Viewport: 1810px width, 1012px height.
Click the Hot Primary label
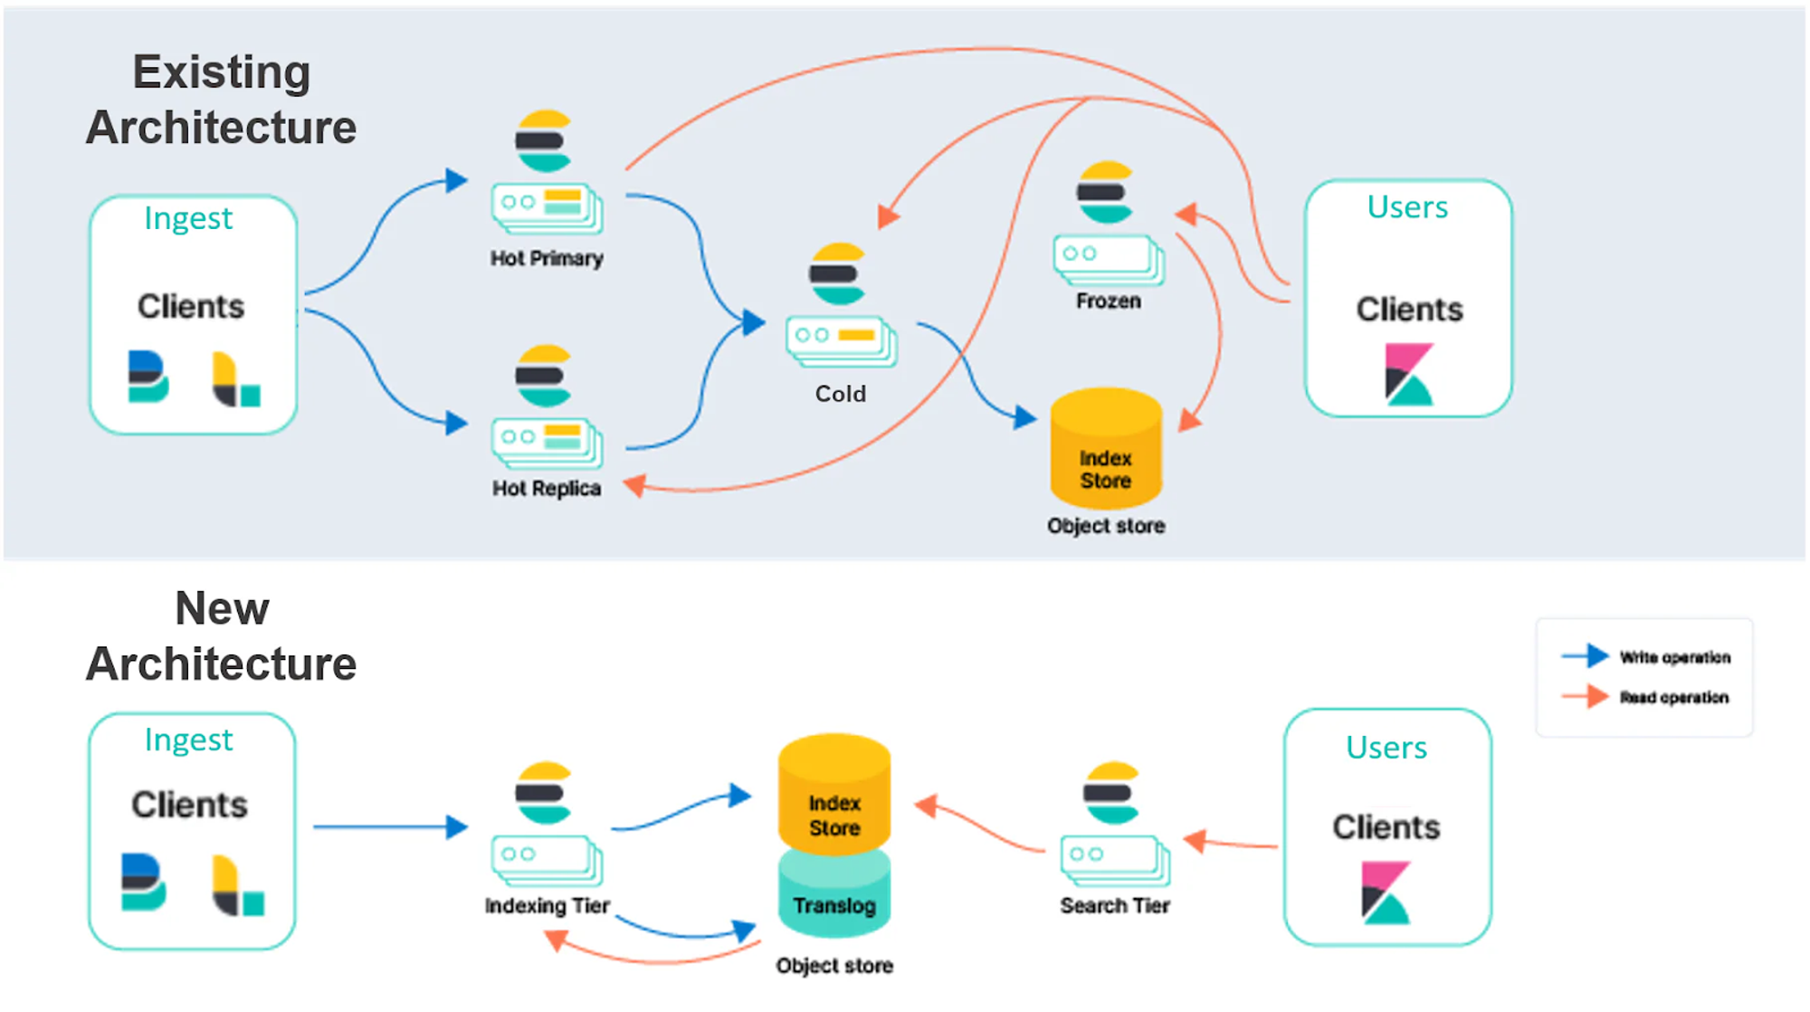(x=547, y=259)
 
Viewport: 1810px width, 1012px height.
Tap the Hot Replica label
(x=547, y=489)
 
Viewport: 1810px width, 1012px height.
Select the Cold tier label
(x=840, y=394)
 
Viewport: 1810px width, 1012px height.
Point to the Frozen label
(x=1108, y=301)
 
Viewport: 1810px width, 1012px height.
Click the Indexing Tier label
(x=547, y=906)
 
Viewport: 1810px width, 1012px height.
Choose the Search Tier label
(x=1114, y=906)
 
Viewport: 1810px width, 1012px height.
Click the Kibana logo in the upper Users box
(x=1408, y=374)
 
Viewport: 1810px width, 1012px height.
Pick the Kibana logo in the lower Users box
(x=1386, y=893)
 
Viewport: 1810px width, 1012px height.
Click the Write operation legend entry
(x=1646, y=657)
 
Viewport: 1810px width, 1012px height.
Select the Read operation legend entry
(x=1646, y=697)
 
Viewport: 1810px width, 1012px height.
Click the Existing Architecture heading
(x=222, y=100)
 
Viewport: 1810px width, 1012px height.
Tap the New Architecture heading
(x=222, y=636)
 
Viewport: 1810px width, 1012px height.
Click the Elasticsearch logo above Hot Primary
(x=543, y=141)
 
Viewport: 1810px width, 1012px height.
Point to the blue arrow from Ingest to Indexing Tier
(x=389, y=826)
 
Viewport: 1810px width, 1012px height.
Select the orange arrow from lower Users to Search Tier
(x=1231, y=844)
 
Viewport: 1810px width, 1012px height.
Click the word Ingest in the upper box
(x=188, y=218)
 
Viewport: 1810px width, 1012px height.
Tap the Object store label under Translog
(x=834, y=966)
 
